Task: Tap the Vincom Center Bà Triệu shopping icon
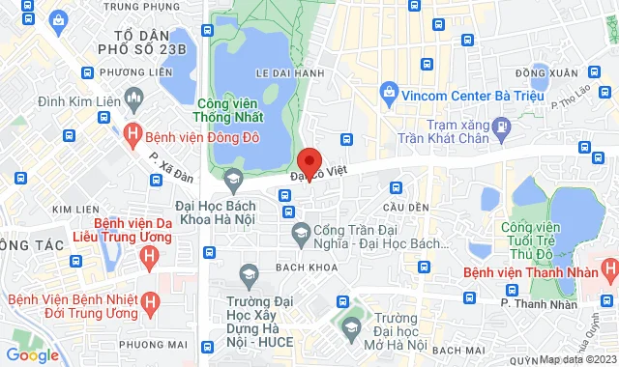click(390, 95)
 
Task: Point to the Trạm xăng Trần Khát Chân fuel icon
click(500, 127)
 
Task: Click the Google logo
click(32, 355)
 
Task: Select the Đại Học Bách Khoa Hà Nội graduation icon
click(233, 179)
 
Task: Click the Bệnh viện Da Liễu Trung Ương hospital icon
click(149, 258)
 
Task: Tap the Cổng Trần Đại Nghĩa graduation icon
click(302, 232)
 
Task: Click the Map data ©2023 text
click(575, 360)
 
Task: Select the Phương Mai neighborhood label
click(155, 342)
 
